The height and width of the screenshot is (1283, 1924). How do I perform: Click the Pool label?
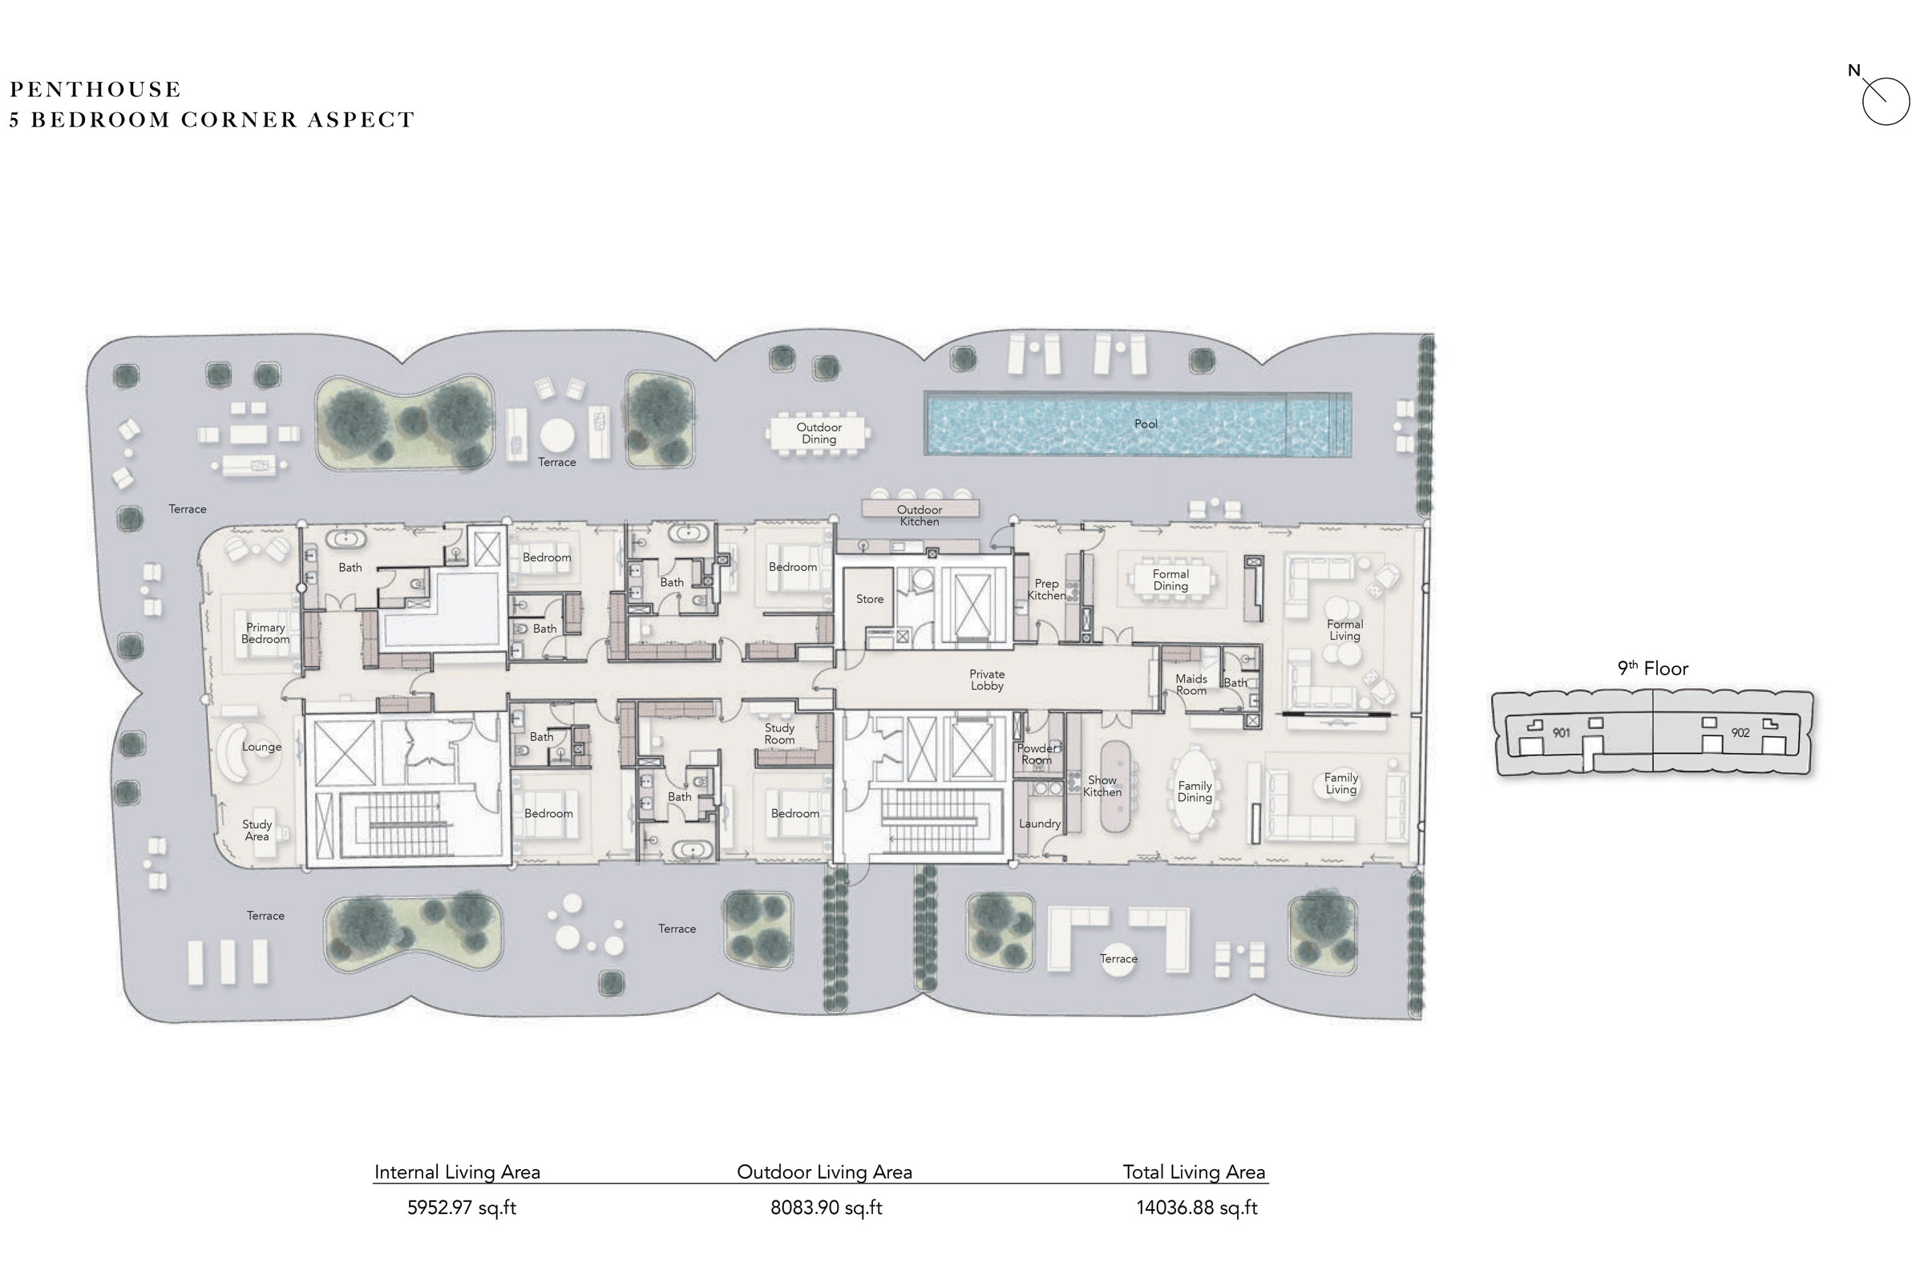click(x=1146, y=424)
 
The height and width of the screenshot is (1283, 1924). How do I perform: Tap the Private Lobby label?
click(x=987, y=680)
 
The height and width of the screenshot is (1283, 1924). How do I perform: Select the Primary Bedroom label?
click(x=265, y=633)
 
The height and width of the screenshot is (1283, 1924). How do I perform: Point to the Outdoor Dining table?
click(x=819, y=433)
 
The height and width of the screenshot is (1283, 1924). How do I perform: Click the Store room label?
click(x=870, y=599)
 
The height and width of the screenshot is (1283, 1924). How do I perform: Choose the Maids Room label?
click(x=1191, y=684)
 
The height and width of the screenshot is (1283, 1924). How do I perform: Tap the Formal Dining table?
click(x=1170, y=580)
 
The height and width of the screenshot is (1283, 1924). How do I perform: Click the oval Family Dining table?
click(x=1194, y=791)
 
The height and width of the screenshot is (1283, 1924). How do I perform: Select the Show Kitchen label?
click(x=1101, y=786)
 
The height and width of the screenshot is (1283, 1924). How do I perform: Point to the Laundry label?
click(x=1040, y=824)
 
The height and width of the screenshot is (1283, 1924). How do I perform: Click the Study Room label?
click(x=778, y=733)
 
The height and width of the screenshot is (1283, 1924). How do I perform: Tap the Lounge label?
click(x=261, y=747)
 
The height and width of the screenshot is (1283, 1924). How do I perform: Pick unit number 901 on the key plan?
click(x=1561, y=732)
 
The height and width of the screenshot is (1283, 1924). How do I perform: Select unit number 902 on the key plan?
click(x=1740, y=732)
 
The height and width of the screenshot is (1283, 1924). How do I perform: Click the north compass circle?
click(x=1886, y=102)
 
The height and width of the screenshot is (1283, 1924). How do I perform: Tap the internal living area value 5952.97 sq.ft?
click(x=462, y=1208)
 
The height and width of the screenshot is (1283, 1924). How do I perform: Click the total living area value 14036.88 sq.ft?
click(x=1196, y=1208)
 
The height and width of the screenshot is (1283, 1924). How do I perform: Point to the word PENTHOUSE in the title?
click(x=95, y=89)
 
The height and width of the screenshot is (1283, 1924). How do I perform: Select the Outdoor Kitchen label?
click(x=920, y=515)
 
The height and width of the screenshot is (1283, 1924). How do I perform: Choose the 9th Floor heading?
click(x=1652, y=668)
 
